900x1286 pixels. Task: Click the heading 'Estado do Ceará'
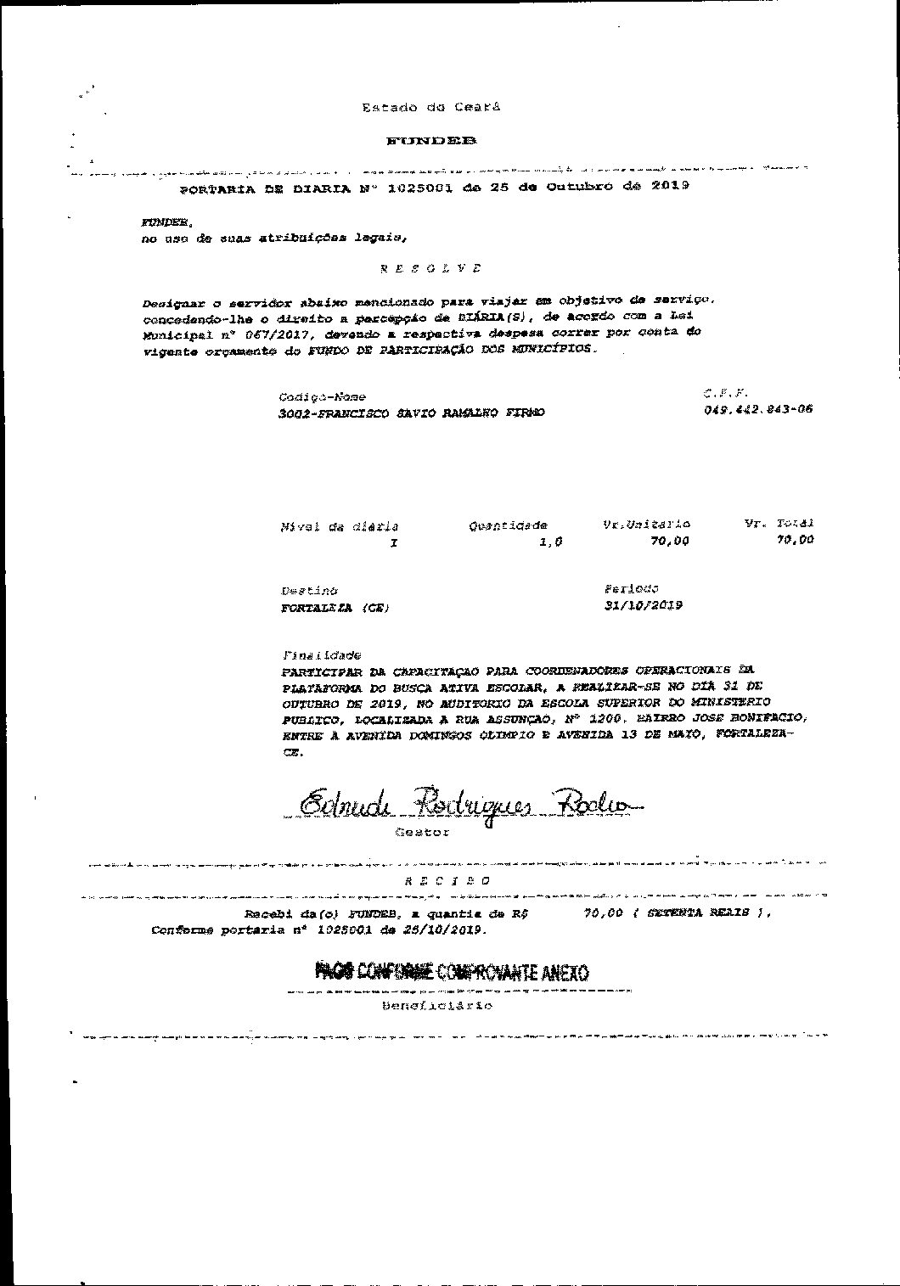(430, 108)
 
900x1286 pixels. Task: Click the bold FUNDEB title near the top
(430, 141)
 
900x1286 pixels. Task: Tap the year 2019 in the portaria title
(670, 184)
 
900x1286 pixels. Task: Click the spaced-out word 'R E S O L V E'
(430, 268)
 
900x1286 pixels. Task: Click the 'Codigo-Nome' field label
(322, 397)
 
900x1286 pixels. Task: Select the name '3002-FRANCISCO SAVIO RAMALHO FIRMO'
(411, 413)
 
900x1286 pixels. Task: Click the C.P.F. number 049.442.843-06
(757, 409)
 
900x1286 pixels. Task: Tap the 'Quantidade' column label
(508, 526)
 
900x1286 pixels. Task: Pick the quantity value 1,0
(551, 542)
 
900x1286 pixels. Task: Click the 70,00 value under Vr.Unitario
(669, 541)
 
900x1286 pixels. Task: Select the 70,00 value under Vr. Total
(795, 539)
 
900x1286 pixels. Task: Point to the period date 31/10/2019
(643, 605)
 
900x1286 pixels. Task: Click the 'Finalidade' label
(321, 655)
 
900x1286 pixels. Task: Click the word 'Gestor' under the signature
(422, 833)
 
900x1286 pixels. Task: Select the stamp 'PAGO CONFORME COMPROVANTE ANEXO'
(451, 972)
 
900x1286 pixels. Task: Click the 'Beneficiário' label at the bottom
(436, 1006)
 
